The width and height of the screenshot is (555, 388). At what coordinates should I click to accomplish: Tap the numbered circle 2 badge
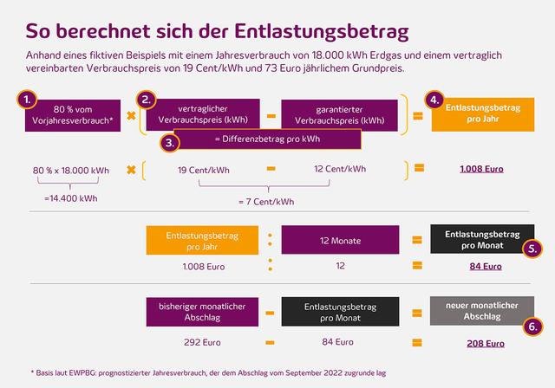(147, 99)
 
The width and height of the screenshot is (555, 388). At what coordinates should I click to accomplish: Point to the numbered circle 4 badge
(436, 100)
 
